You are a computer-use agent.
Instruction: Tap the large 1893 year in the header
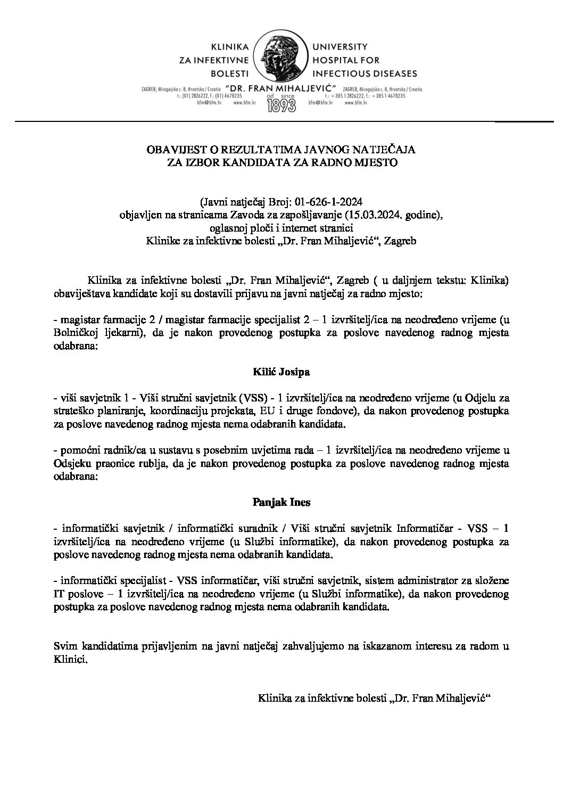point(281,103)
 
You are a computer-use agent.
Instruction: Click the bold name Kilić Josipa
point(281,372)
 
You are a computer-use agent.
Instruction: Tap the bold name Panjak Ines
point(281,502)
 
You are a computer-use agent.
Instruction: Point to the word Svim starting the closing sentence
point(64,647)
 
